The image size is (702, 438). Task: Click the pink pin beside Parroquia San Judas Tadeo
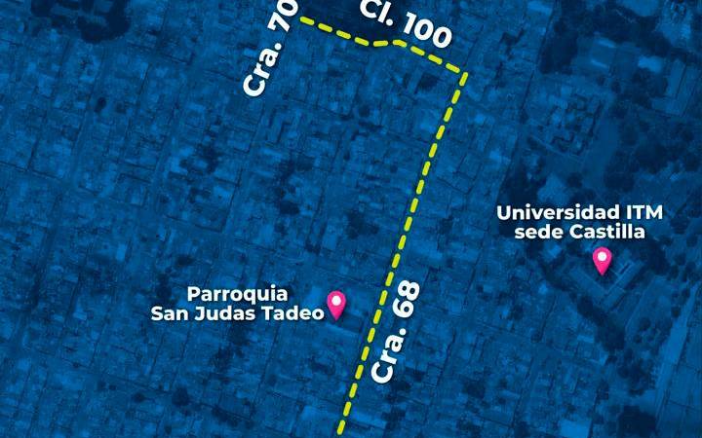(337, 304)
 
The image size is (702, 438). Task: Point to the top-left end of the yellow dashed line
(301, 19)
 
